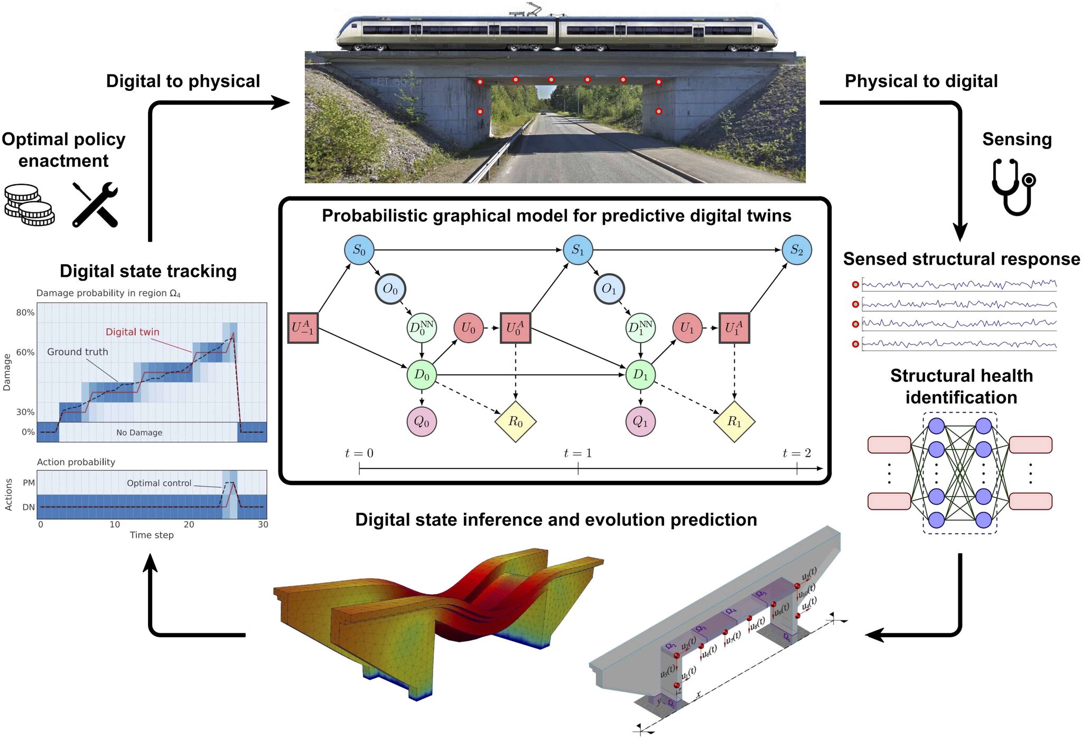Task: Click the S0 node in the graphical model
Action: tap(359, 250)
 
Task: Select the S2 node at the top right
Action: tap(796, 250)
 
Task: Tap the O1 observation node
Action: tap(609, 289)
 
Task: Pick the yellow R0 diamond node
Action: tap(515, 422)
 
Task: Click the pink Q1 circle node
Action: tap(640, 422)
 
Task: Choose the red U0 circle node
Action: tap(468, 328)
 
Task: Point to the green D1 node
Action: tap(640, 375)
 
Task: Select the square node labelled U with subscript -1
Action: tap(303, 328)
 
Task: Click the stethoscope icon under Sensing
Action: tap(1013, 186)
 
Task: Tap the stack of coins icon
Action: tap(29, 205)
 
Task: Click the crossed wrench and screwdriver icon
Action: tap(95, 205)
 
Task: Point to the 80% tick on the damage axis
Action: tap(25, 313)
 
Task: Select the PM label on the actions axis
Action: tap(29, 483)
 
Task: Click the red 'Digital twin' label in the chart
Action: tap(132, 332)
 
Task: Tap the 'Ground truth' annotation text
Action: tap(77, 352)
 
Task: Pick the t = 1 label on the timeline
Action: tap(577, 453)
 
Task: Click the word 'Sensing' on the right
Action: tap(1016, 139)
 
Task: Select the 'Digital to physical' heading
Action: tap(183, 81)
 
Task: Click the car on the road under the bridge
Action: tap(543, 112)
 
